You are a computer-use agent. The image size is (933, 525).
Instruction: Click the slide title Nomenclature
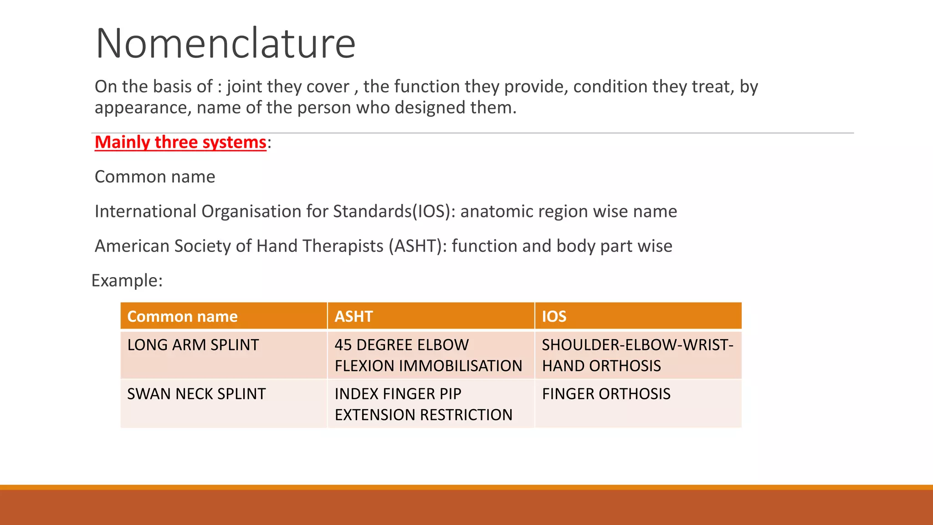click(x=226, y=44)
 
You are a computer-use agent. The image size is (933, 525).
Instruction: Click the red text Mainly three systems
click(x=180, y=142)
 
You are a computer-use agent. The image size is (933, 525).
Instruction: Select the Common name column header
click(x=182, y=316)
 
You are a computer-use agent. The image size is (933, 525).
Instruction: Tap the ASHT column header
click(x=354, y=316)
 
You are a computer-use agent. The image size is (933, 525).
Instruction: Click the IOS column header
click(x=554, y=316)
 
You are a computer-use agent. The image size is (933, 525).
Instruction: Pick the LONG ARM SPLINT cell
click(x=193, y=345)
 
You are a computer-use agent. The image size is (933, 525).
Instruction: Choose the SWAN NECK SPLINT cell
click(x=196, y=394)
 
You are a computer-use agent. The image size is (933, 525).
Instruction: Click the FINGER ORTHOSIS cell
click(x=606, y=394)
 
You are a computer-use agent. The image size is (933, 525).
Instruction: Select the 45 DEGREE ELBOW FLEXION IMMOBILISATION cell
click(x=428, y=355)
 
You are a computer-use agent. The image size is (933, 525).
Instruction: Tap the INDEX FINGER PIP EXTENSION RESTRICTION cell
click(x=423, y=404)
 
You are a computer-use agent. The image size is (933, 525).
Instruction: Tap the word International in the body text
click(x=145, y=211)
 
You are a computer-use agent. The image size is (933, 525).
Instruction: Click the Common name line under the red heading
click(x=155, y=177)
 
